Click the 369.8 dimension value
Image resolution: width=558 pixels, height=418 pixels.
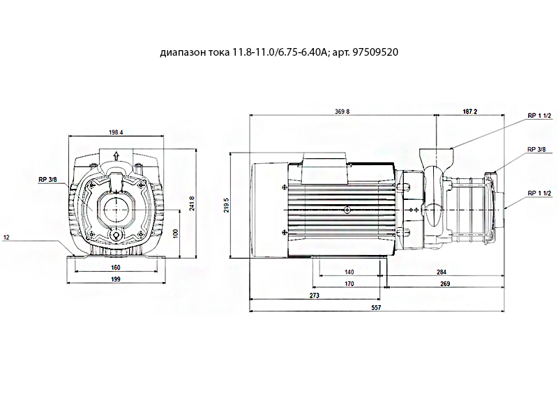(342, 111)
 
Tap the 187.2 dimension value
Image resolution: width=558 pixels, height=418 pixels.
(469, 111)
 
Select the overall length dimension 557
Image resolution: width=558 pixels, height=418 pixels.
(376, 307)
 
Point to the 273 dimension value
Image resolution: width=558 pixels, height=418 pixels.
(315, 295)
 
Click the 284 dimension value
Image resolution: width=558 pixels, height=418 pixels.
(442, 272)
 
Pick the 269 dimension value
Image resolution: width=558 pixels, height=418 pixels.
(445, 284)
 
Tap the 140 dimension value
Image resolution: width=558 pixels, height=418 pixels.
(349, 272)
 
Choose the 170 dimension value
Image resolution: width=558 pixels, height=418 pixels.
(349, 284)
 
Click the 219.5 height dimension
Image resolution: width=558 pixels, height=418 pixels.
(226, 205)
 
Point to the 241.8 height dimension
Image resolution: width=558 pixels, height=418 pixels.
(192, 203)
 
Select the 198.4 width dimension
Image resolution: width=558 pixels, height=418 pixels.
(116, 132)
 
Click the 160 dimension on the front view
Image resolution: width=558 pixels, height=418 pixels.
(116, 268)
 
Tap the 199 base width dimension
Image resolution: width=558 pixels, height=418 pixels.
(116, 279)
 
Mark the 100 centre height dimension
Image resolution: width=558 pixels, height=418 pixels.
(175, 233)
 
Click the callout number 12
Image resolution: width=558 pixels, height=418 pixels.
(6, 237)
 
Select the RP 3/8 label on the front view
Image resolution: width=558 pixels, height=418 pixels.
(47, 180)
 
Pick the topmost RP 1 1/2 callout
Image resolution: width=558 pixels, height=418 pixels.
(539, 116)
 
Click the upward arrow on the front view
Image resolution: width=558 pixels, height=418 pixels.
(116, 155)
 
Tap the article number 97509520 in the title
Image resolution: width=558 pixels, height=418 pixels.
(375, 52)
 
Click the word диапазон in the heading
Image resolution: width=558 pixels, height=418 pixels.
(183, 53)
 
